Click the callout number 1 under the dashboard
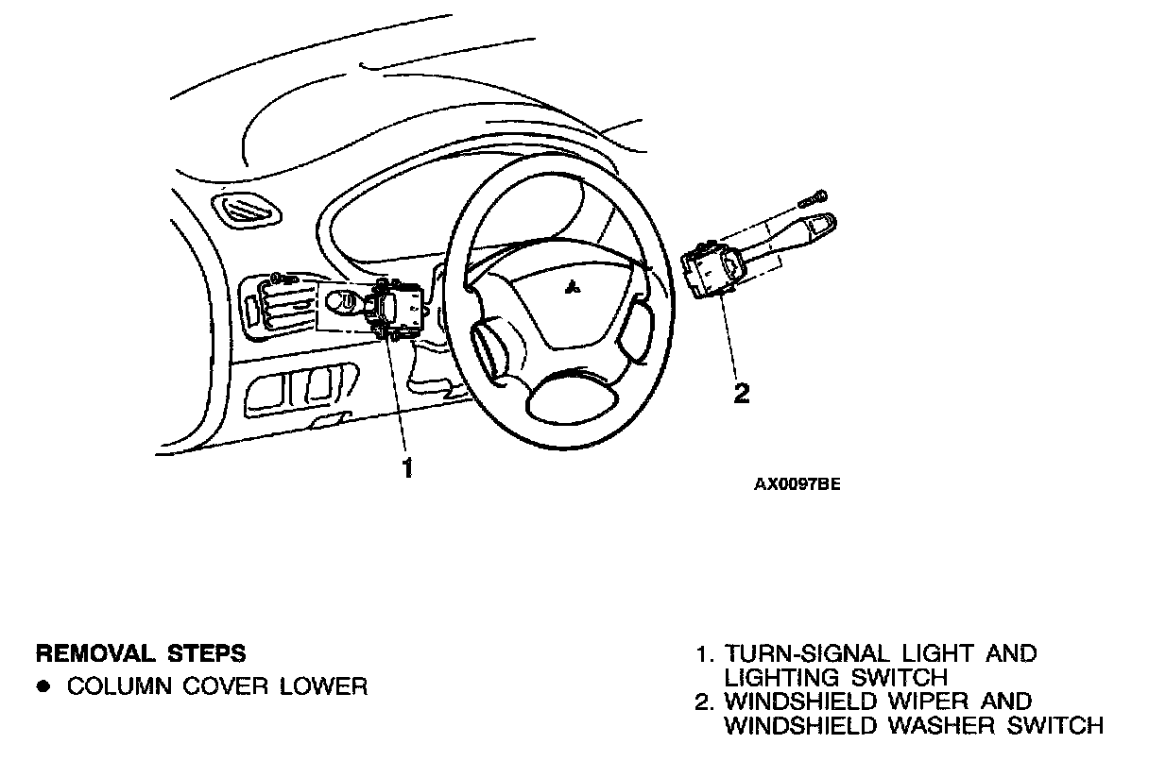click(407, 467)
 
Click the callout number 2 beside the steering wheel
click(742, 393)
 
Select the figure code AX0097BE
click(797, 484)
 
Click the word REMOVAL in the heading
click(86, 653)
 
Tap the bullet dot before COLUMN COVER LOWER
click(43, 686)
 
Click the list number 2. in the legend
click(704, 702)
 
